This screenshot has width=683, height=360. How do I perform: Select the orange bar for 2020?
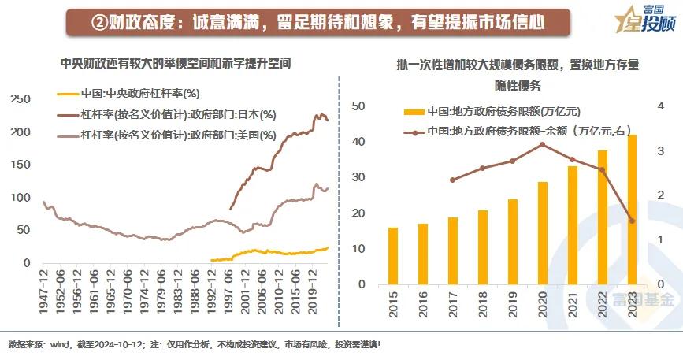coord(543,233)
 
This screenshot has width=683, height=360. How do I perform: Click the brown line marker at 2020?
coord(543,144)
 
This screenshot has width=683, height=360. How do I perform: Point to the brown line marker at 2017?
coord(452,180)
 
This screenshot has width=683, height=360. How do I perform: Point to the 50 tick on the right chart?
coord(358,106)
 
